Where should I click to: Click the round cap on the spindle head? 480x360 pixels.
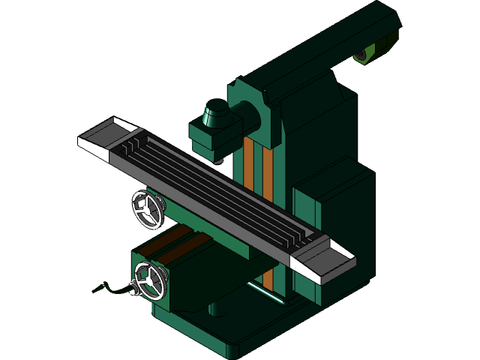click(x=216, y=112)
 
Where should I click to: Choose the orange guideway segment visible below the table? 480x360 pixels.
click(x=268, y=280)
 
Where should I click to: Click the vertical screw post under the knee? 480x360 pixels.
click(x=216, y=308)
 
